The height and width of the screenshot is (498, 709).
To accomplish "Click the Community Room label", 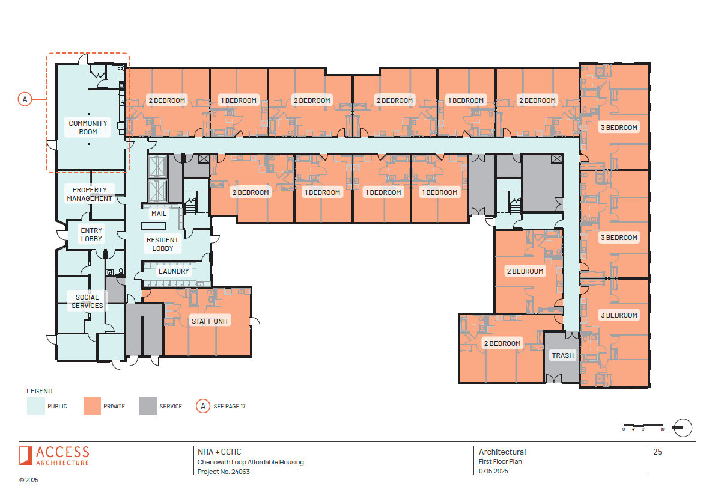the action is coord(88,128).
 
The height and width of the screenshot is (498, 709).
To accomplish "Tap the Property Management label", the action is coord(90,194).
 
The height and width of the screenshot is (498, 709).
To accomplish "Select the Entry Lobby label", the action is coord(91,235).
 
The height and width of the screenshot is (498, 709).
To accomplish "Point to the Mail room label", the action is coord(159,214).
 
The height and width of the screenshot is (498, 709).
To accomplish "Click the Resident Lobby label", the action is coord(163,244).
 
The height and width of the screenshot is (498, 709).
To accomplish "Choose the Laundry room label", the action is coord(174,271).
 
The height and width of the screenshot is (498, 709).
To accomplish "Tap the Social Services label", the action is coord(87,301).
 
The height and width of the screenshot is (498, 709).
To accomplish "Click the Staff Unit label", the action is coord(210,321).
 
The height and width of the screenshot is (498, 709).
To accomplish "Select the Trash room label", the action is coord(563,355).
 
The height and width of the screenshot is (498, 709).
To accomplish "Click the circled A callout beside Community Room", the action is coord(25,99).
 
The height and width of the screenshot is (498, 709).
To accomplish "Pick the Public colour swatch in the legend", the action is coord(37,406).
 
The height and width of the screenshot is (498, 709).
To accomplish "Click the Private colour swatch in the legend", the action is coord(93,406).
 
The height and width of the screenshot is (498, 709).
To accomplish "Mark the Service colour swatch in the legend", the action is coord(148,406).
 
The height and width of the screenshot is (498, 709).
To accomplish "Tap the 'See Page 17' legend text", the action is coord(230,407).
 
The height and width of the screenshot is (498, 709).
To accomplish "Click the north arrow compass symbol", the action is coord(683,428).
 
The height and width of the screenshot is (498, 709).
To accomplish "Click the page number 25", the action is coord(657,452).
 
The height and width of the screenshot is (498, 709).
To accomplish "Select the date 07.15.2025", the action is coord(494,472).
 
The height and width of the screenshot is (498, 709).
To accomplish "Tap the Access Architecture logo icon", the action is coord(25,455).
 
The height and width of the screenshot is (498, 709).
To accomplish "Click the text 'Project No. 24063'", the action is coord(224,472).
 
